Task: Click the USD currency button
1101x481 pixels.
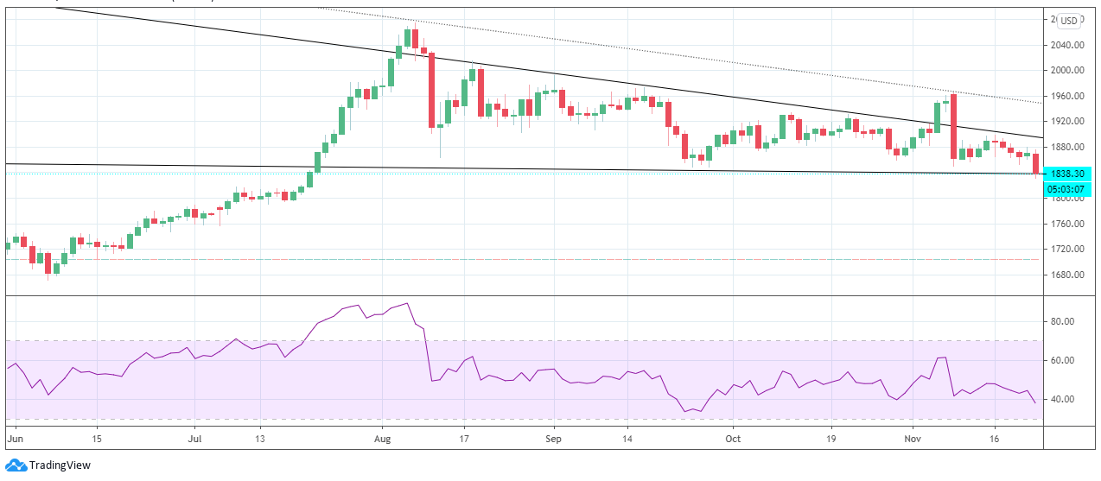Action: point(1070,21)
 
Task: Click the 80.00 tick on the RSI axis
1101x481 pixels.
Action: point(1068,321)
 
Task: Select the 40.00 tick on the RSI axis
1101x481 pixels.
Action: point(1068,399)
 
